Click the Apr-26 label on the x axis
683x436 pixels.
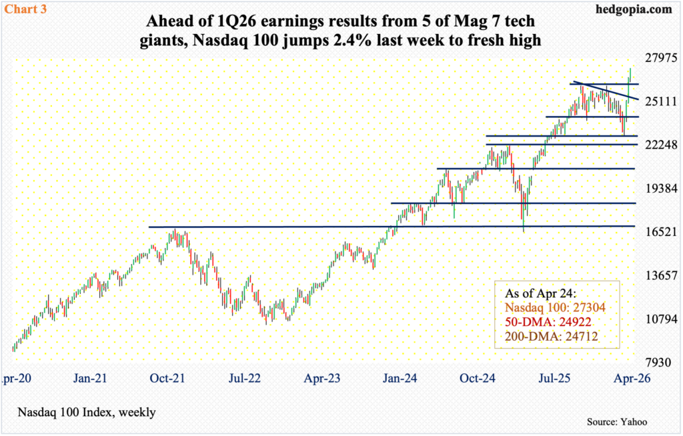click(x=629, y=378)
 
